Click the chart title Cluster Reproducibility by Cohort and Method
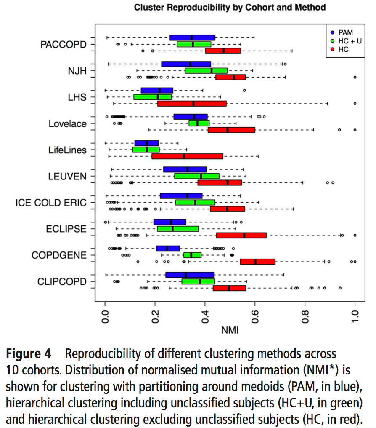pyautogui.click(x=230, y=7)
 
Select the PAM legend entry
pyautogui.click(x=342, y=32)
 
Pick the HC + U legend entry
pyautogui.click(x=347, y=40)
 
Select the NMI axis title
pyautogui.click(x=230, y=331)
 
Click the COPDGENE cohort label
pyautogui.click(x=59, y=255)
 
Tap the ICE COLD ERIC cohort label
pyautogui.click(x=51, y=203)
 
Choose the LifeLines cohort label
pyautogui.click(x=67, y=150)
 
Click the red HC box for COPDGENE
pyautogui.click(x=257, y=262)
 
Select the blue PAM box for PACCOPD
pyautogui.click(x=192, y=37)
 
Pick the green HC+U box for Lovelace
pyautogui.click(x=199, y=123)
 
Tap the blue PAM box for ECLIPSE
pyautogui.click(x=169, y=222)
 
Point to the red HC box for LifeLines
pyautogui.click(x=187, y=156)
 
